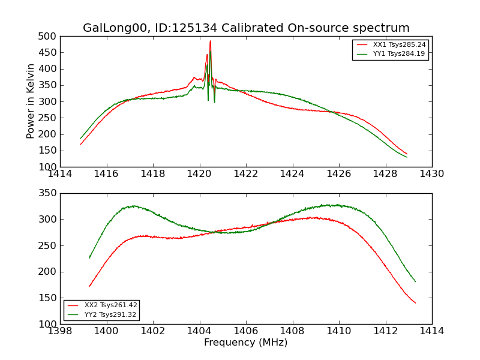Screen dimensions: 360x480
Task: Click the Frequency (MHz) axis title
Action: [x=245, y=343]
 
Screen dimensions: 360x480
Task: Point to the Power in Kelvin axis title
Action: [x=31, y=101]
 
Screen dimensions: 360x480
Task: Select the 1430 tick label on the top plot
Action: [x=431, y=173]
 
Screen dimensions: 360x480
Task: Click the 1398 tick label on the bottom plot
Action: [x=60, y=331]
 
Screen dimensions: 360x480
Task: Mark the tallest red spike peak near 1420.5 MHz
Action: [x=210, y=41]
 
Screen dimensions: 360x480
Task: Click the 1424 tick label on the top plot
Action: [x=292, y=173]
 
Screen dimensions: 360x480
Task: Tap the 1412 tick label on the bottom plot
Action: [x=385, y=331]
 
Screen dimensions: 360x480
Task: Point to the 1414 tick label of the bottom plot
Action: [x=431, y=331]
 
